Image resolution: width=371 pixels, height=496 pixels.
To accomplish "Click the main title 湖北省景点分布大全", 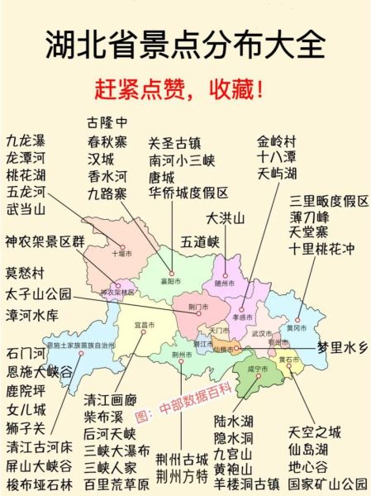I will pyautogui.click(x=185, y=45).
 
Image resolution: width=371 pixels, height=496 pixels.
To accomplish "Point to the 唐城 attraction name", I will pyautogui.click(x=162, y=177).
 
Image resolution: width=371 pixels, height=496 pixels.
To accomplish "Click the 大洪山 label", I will pyautogui.click(x=226, y=218).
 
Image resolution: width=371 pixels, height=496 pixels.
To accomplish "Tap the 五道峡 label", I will pyautogui.click(x=201, y=242).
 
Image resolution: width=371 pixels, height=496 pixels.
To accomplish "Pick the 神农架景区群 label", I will pyautogui.click(x=45, y=242).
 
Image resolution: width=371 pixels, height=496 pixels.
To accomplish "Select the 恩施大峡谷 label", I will pyautogui.click(x=39, y=372).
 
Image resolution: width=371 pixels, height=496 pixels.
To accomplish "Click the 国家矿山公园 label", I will pyautogui.click(x=327, y=484).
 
